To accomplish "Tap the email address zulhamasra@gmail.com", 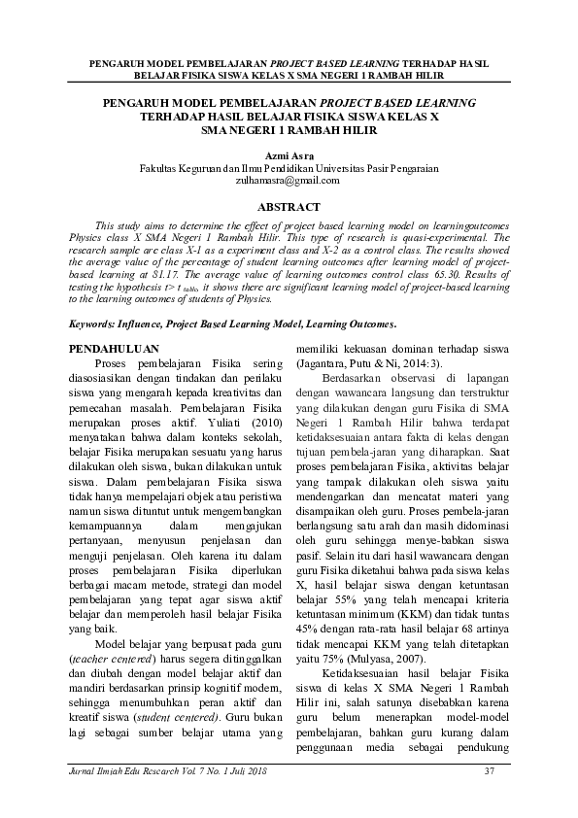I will click(x=289, y=180).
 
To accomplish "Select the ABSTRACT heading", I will click(x=289, y=207).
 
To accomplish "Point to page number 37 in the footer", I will click(x=490, y=772).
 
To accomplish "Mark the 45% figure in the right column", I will click(x=307, y=629).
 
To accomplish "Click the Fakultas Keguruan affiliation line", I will click(x=289, y=168).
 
